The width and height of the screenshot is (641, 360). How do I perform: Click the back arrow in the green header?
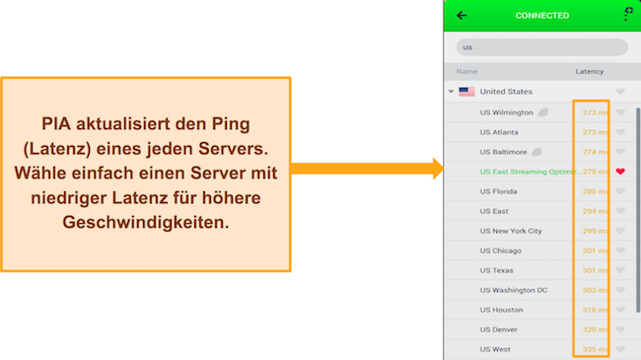coord(462,15)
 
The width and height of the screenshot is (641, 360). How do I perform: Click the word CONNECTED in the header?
coord(541,16)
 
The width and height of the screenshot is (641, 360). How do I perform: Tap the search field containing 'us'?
coord(541,47)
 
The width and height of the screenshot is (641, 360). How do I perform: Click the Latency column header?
coord(590,72)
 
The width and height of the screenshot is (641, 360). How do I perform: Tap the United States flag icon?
coord(467,92)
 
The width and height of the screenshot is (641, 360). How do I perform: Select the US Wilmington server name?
coord(506,112)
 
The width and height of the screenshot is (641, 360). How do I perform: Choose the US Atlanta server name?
coord(500,132)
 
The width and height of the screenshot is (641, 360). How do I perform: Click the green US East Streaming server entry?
coord(524,172)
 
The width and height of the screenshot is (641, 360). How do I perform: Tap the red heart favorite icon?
coord(620,172)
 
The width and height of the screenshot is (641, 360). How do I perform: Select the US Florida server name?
coord(499,191)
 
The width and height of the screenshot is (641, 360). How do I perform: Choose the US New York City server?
coord(511,231)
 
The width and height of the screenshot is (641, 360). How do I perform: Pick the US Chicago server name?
coord(501,251)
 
